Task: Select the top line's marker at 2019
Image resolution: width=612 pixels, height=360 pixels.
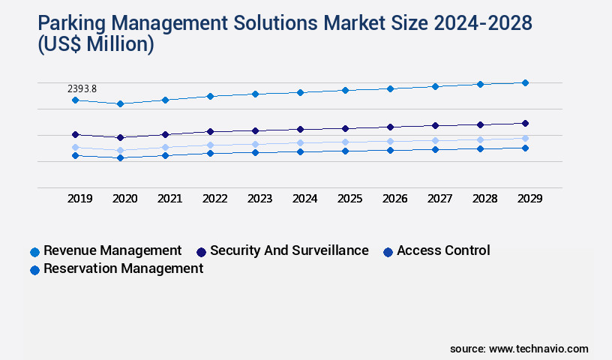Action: pyautogui.click(x=75, y=100)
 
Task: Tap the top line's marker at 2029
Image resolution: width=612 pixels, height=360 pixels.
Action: pyautogui.click(x=525, y=82)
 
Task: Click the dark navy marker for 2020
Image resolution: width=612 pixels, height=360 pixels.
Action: pyautogui.click(x=120, y=137)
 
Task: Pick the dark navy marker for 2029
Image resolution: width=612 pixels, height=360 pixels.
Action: pyautogui.click(x=525, y=123)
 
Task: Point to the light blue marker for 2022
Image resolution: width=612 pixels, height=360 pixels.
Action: pyautogui.click(x=210, y=145)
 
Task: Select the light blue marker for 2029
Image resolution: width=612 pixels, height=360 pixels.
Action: pyautogui.click(x=525, y=138)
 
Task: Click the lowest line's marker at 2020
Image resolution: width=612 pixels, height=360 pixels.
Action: pyautogui.click(x=120, y=157)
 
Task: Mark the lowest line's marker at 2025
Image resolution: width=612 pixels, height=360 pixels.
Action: pyautogui.click(x=345, y=151)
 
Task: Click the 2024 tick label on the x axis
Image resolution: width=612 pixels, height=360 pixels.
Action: pyautogui.click(x=304, y=199)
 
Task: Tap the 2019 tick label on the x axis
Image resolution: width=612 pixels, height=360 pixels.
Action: pyautogui.click(x=79, y=199)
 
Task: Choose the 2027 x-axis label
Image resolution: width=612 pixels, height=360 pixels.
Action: pyautogui.click(x=439, y=199)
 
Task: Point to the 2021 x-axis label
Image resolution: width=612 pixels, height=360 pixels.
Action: pyautogui.click(x=169, y=199)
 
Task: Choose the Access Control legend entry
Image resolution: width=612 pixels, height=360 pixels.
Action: pyautogui.click(x=442, y=250)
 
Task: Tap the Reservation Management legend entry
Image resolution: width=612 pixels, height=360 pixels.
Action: pyautogui.click(x=123, y=268)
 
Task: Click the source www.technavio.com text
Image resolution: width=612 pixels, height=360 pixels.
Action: pyautogui.click(x=519, y=349)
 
